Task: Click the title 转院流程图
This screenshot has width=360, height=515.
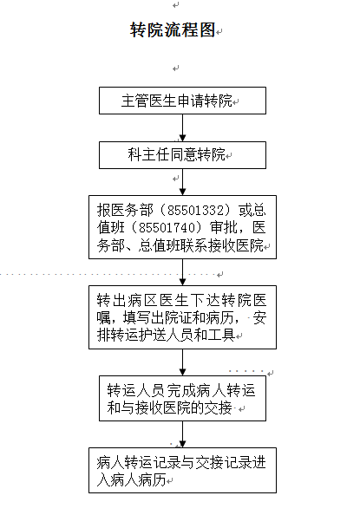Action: (x=173, y=30)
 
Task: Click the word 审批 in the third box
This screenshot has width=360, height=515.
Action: (x=224, y=228)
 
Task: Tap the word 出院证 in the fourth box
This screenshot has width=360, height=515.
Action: (x=172, y=317)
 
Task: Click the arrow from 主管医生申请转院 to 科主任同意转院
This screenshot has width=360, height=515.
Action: (x=182, y=127)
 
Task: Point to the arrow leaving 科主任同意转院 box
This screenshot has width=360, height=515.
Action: (x=182, y=182)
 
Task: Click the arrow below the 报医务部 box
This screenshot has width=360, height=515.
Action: (x=182, y=272)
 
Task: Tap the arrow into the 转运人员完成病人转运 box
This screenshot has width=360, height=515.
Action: (x=182, y=362)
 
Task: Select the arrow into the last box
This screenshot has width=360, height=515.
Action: (x=182, y=434)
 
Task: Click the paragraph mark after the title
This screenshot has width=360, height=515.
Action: (x=219, y=31)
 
